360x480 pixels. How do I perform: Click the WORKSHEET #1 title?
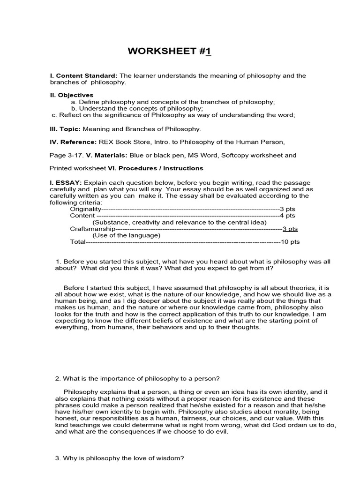pyautogui.click(x=169, y=51)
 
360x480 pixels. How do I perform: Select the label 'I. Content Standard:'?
pyautogui.click(x=84, y=75)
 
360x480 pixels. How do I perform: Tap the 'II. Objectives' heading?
pyautogui.click(x=72, y=95)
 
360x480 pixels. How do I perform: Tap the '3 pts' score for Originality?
pyautogui.click(x=288, y=209)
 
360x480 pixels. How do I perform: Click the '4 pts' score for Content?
pyautogui.click(x=288, y=215)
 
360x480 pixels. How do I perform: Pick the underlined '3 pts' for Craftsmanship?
pyautogui.click(x=290, y=229)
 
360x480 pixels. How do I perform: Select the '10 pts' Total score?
pyautogui.click(x=290, y=242)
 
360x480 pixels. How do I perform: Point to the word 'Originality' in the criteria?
pyautogui.click(x=85, y=209)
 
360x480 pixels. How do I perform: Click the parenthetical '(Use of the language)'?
pyautogui.click(x=126, y=235)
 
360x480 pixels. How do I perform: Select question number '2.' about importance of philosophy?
pyautogui.click(x=58, y=379)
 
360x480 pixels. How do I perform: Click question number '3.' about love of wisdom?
pyautogui.click(x=58, y=458)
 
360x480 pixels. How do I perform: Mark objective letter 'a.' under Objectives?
pyautogui.click(x=74, y=102)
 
